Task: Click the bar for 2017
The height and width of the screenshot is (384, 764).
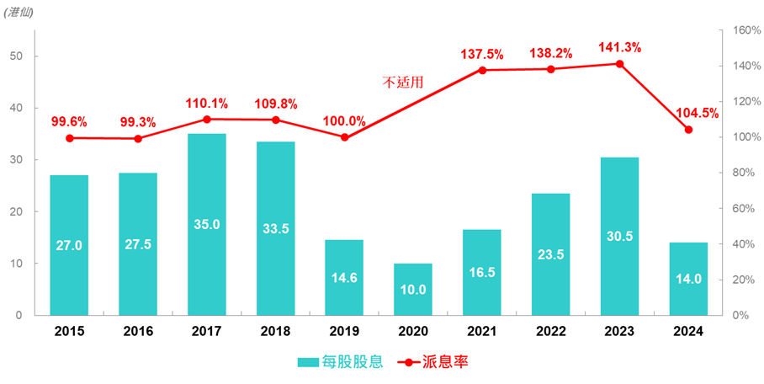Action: coord(207,224)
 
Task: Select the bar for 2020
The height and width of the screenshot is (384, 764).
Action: coord(413,289)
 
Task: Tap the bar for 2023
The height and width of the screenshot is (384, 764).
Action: coord(619,236)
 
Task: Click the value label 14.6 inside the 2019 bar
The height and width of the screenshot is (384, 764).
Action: coord(344,278)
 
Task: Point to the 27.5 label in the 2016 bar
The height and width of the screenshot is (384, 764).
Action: coord(138,245)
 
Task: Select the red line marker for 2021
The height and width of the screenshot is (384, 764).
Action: coord(482,70)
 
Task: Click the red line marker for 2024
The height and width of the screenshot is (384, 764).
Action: coord(688,130)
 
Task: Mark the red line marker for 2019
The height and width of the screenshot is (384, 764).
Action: coord(344,137)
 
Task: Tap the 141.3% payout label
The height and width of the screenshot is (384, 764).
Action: coord(619,47)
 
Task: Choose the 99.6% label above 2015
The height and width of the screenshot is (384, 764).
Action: coord(69,121)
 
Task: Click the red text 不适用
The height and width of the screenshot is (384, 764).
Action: coord(402,83)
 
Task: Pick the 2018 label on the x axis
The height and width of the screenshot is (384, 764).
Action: coord(275,333)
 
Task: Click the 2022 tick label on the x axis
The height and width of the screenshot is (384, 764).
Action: coord(550,333)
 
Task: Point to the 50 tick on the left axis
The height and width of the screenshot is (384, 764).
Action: coord(19,56)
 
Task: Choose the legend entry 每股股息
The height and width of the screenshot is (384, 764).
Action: coord(341,362)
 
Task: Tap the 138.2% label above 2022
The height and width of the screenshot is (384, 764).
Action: coord(551,53)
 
